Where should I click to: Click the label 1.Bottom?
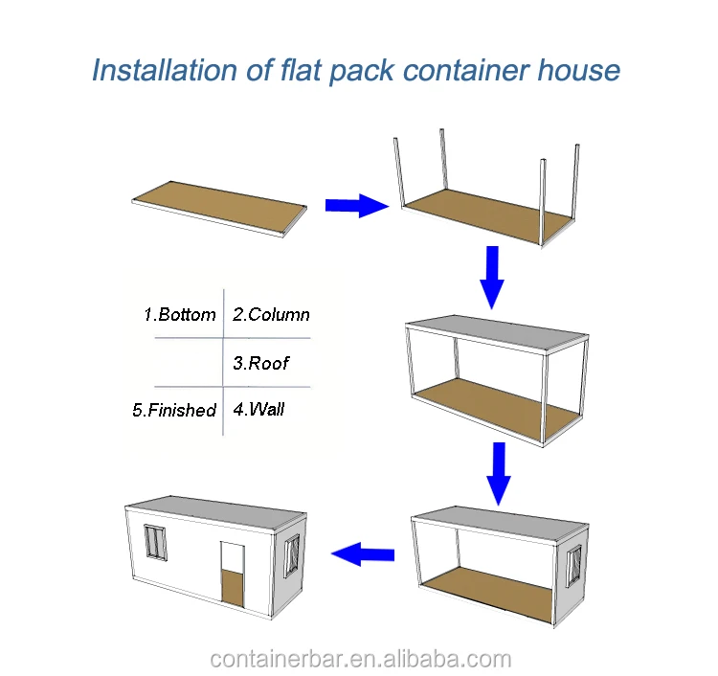pyautogui.click(x=180, y=315)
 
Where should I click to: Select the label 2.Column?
pyautogui.click(x=271, y=315)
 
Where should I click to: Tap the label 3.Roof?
pyautogui.click(x=259, y=363)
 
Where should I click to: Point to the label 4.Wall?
pyautogui.click(x=258, y=410)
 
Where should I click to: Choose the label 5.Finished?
pyautogui.click(x=174, y=410)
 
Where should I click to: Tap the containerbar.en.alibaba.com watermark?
pyautogui.click(x=360, y=659)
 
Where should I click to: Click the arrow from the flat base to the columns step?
pyautogui.click(x=356, y=204)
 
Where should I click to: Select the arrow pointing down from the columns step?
pyautogui.click(x=491, y=276)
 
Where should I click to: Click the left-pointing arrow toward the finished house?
pyautogui.click(x=363, y=552)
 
